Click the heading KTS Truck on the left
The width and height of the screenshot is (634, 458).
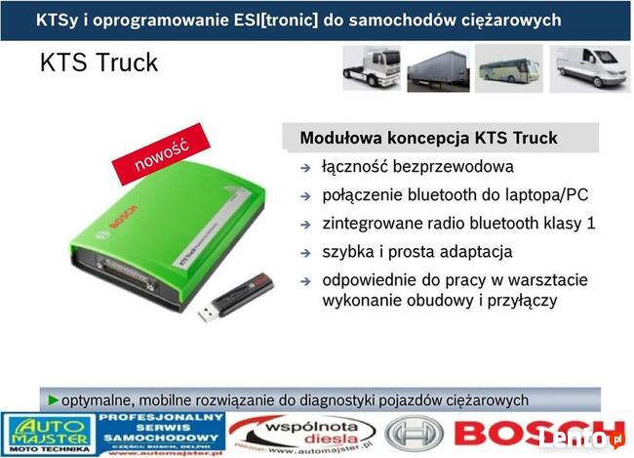coord(99,63)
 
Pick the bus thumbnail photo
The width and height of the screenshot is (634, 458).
coord(508,69)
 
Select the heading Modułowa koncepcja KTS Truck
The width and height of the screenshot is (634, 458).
coord(428,138)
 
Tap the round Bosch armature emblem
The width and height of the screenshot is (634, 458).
coord(414,434)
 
